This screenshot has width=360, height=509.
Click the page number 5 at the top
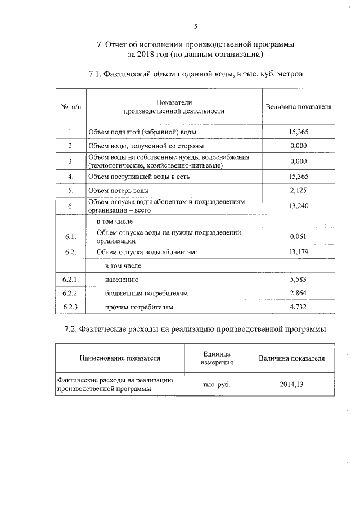[195, 26]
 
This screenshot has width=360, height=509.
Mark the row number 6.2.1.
[70, 279]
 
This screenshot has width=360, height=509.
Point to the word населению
[121, 279]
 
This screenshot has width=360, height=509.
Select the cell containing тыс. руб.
[217, 384]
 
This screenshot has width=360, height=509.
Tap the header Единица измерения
[217, 358]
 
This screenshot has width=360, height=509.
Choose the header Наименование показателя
[120, 358]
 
